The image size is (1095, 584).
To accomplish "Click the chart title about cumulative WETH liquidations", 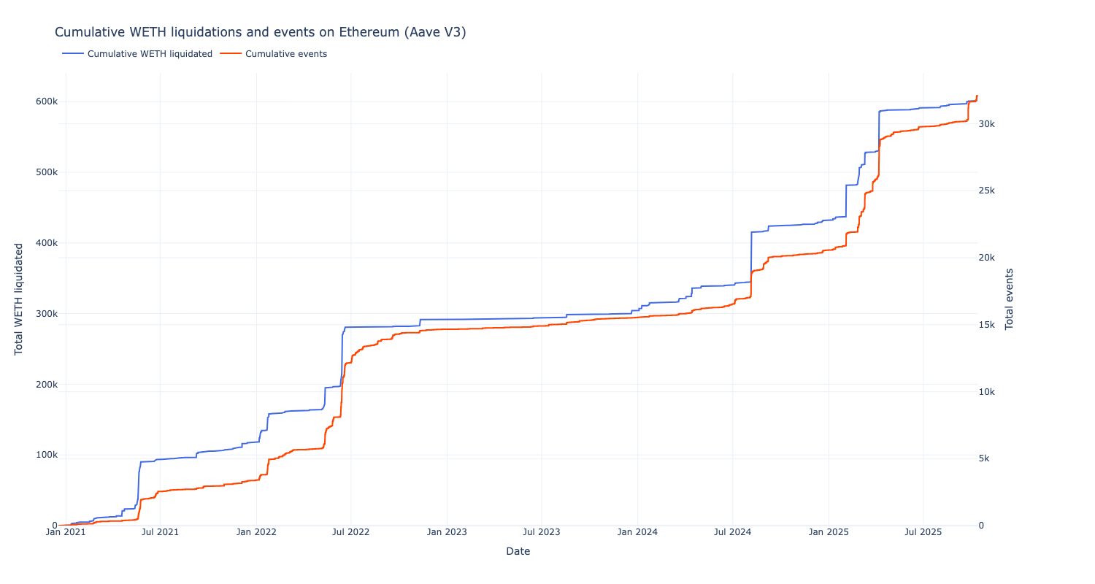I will [x=260, y=32].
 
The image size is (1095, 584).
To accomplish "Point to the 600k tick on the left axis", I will [x=46, y=101].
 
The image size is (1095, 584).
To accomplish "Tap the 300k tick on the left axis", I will [x=46, y=314].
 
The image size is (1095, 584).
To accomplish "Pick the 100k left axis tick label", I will [x=46, y=455].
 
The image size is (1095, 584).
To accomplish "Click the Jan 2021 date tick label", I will [x=66, y=532].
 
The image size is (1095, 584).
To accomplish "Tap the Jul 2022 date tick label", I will [x=351, y=532].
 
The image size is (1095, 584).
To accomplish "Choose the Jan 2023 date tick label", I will [x=447, y=532].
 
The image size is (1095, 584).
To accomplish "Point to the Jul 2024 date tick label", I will [x=732, y=532].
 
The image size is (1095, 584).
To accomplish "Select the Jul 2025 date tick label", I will [x=923, y=532].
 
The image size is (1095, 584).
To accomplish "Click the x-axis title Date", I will [x=518, y=552].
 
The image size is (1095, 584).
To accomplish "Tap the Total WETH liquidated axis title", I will [x=19, y=299].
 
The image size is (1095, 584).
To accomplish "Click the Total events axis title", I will [x=1010, y=299].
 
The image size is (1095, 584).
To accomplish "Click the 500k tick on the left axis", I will [x=46, y=172].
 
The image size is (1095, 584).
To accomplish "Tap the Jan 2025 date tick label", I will [x=828, y=532].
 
